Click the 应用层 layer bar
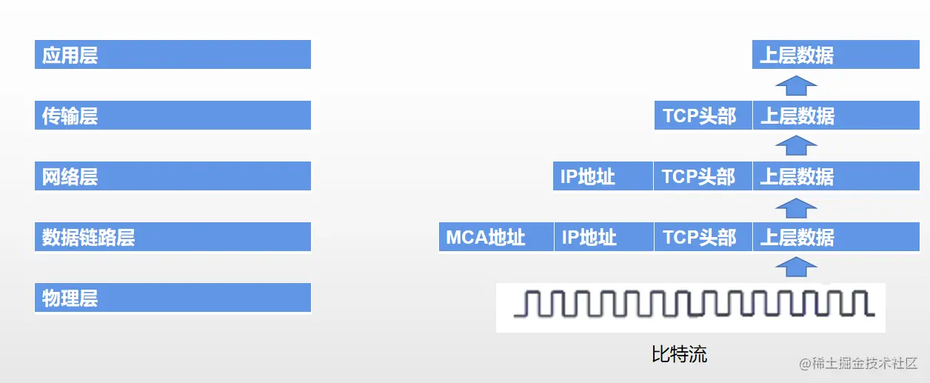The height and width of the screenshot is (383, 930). coord(173,55)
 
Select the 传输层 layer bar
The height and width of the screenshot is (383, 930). coord(173,116)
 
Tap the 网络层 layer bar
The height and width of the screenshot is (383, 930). coord(173,176)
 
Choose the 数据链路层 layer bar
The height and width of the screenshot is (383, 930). coord(173,237)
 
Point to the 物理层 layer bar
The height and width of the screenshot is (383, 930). coord(173,298)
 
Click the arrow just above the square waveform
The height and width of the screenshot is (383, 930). coord(796,267)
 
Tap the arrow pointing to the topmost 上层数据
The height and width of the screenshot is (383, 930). coord(796,85)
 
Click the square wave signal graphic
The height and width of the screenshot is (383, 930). coord(690,304)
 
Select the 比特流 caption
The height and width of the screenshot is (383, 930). coord(679,354)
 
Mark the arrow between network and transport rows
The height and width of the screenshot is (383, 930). coord(796,146)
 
